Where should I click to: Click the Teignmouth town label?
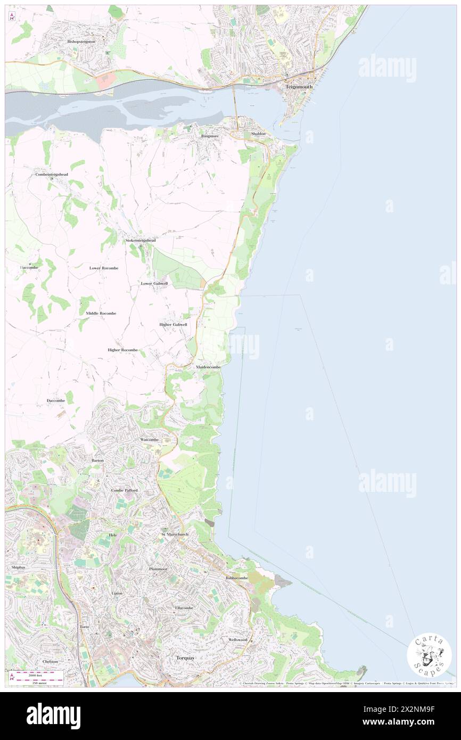tap(299, 86)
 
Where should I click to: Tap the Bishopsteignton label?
tap(81, 41)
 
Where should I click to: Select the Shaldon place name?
tap(258, 133)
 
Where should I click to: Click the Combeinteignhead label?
tap(52, 175)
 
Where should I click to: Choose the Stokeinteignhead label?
tap(141, 240)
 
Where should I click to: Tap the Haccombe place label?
tap(30, 267)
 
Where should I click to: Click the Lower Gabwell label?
tap(154, 283)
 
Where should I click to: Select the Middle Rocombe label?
tap(101, 313)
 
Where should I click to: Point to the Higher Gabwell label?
tap(173, 324)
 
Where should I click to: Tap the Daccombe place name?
tap(56, 400)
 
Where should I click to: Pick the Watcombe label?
tap(149, 440)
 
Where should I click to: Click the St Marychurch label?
tap(175, 533)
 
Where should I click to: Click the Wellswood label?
tap(238, 639)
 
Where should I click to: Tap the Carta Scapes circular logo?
tap(429, 656)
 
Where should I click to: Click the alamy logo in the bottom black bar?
tap(53, 716)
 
